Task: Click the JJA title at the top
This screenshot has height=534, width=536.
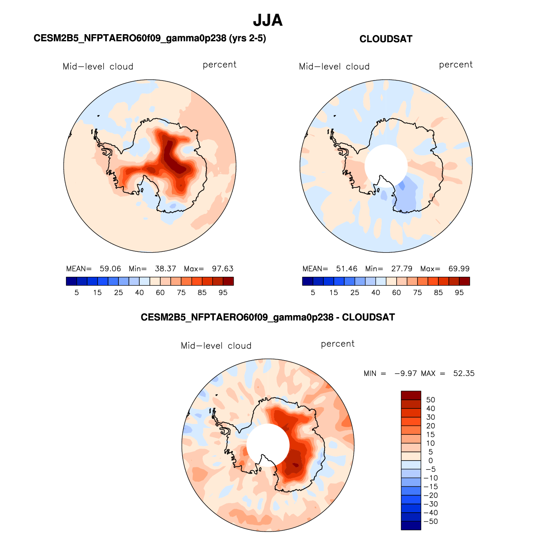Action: click(267, 20)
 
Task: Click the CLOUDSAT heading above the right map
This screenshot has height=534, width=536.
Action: click(386, 39)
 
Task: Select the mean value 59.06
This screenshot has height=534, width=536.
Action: click(110, 268)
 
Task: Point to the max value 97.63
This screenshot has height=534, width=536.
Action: click(222, 268)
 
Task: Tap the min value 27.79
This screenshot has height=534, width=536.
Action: click(402, 268)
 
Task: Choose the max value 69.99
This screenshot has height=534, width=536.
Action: click(459, 268)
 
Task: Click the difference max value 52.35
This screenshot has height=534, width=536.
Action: click(464, 374)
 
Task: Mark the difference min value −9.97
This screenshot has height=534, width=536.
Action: click(406, 374)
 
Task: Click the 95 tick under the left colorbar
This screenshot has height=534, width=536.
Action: click(223, 293)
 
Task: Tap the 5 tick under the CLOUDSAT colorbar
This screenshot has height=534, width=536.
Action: click(313, 293)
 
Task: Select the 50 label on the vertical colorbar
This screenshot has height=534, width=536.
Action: click(430, 400)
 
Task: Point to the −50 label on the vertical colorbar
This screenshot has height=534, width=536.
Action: click(430, 521)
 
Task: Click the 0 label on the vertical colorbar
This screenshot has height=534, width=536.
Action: click(430, 461)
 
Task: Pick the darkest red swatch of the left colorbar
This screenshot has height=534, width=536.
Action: click(228, 281)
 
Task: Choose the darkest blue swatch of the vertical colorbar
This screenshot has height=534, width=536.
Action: click(411, 525)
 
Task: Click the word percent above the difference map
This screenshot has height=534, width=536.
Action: click(338, 344)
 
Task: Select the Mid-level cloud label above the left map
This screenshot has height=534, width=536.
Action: click(98, 66)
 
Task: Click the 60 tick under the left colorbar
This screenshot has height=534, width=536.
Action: click(160, 293)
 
